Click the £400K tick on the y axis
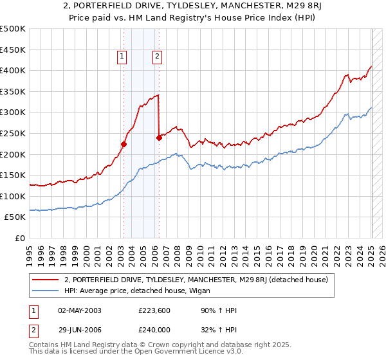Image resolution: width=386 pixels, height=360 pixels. tap(13, 70)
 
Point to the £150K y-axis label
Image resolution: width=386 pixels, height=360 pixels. tap(13, 175)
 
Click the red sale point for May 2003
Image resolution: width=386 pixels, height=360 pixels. tap(124, 145)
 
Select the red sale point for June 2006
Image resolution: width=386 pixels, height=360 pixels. tap(159, 137)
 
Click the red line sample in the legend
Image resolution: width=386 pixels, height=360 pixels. tap(46, 280)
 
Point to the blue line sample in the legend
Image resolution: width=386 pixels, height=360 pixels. tap(46, 291)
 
